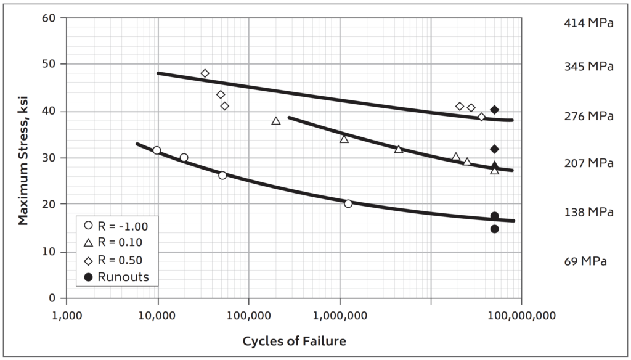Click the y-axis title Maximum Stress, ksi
pyautogui.click(x=23, y=158)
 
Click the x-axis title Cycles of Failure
pyautogui.click(x=294, y=341)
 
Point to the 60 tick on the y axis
pyautogui.click(x=53, y=18)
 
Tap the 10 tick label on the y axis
pyautogui.click(x=53, y=252)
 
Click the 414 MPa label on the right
pyautogui.click(x=588, y=23)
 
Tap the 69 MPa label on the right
pyautogui.click(x=585, y=261)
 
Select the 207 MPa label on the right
pyautogui.click(x=588, y=163)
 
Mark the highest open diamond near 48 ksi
pyautogui.click(x=205, y=73)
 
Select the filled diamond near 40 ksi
pyautogui.click(x=494, y=110)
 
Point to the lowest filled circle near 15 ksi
pyautogui.click(x=494, y=229)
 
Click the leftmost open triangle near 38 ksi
pyautogui.click(x=276, y=121)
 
